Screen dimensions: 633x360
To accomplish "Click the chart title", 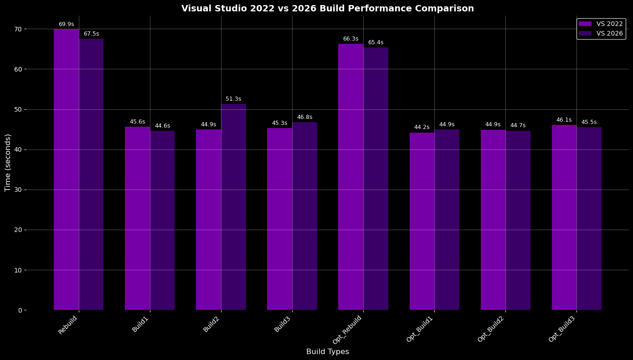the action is [x=328, y=9].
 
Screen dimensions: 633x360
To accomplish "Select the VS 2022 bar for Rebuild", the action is [x=67, y=170].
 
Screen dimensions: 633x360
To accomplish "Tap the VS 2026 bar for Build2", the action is [x=233, y=207].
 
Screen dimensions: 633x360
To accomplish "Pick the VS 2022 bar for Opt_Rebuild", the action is [x=351, y=177].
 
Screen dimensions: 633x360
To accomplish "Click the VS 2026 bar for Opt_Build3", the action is [x=589, y=218].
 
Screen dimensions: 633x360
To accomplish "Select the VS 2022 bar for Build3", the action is [x=280, y=219].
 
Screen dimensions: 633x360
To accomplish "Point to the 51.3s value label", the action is [x=233, y=99].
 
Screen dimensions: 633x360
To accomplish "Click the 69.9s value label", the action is [x=67, y=24].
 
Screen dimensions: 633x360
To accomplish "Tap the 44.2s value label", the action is [x=422, y=127].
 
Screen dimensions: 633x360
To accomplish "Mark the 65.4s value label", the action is [x=376, y=42].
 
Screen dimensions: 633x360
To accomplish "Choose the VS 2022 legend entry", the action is [x=601, y=24].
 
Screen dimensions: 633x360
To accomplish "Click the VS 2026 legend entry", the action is [x=601, y=33].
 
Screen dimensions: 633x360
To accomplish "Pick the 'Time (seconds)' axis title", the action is [x=8, y=163].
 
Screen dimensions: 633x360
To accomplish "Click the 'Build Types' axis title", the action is [x=328, y=351].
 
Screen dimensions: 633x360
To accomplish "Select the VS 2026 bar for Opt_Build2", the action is [x=518, y=221].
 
